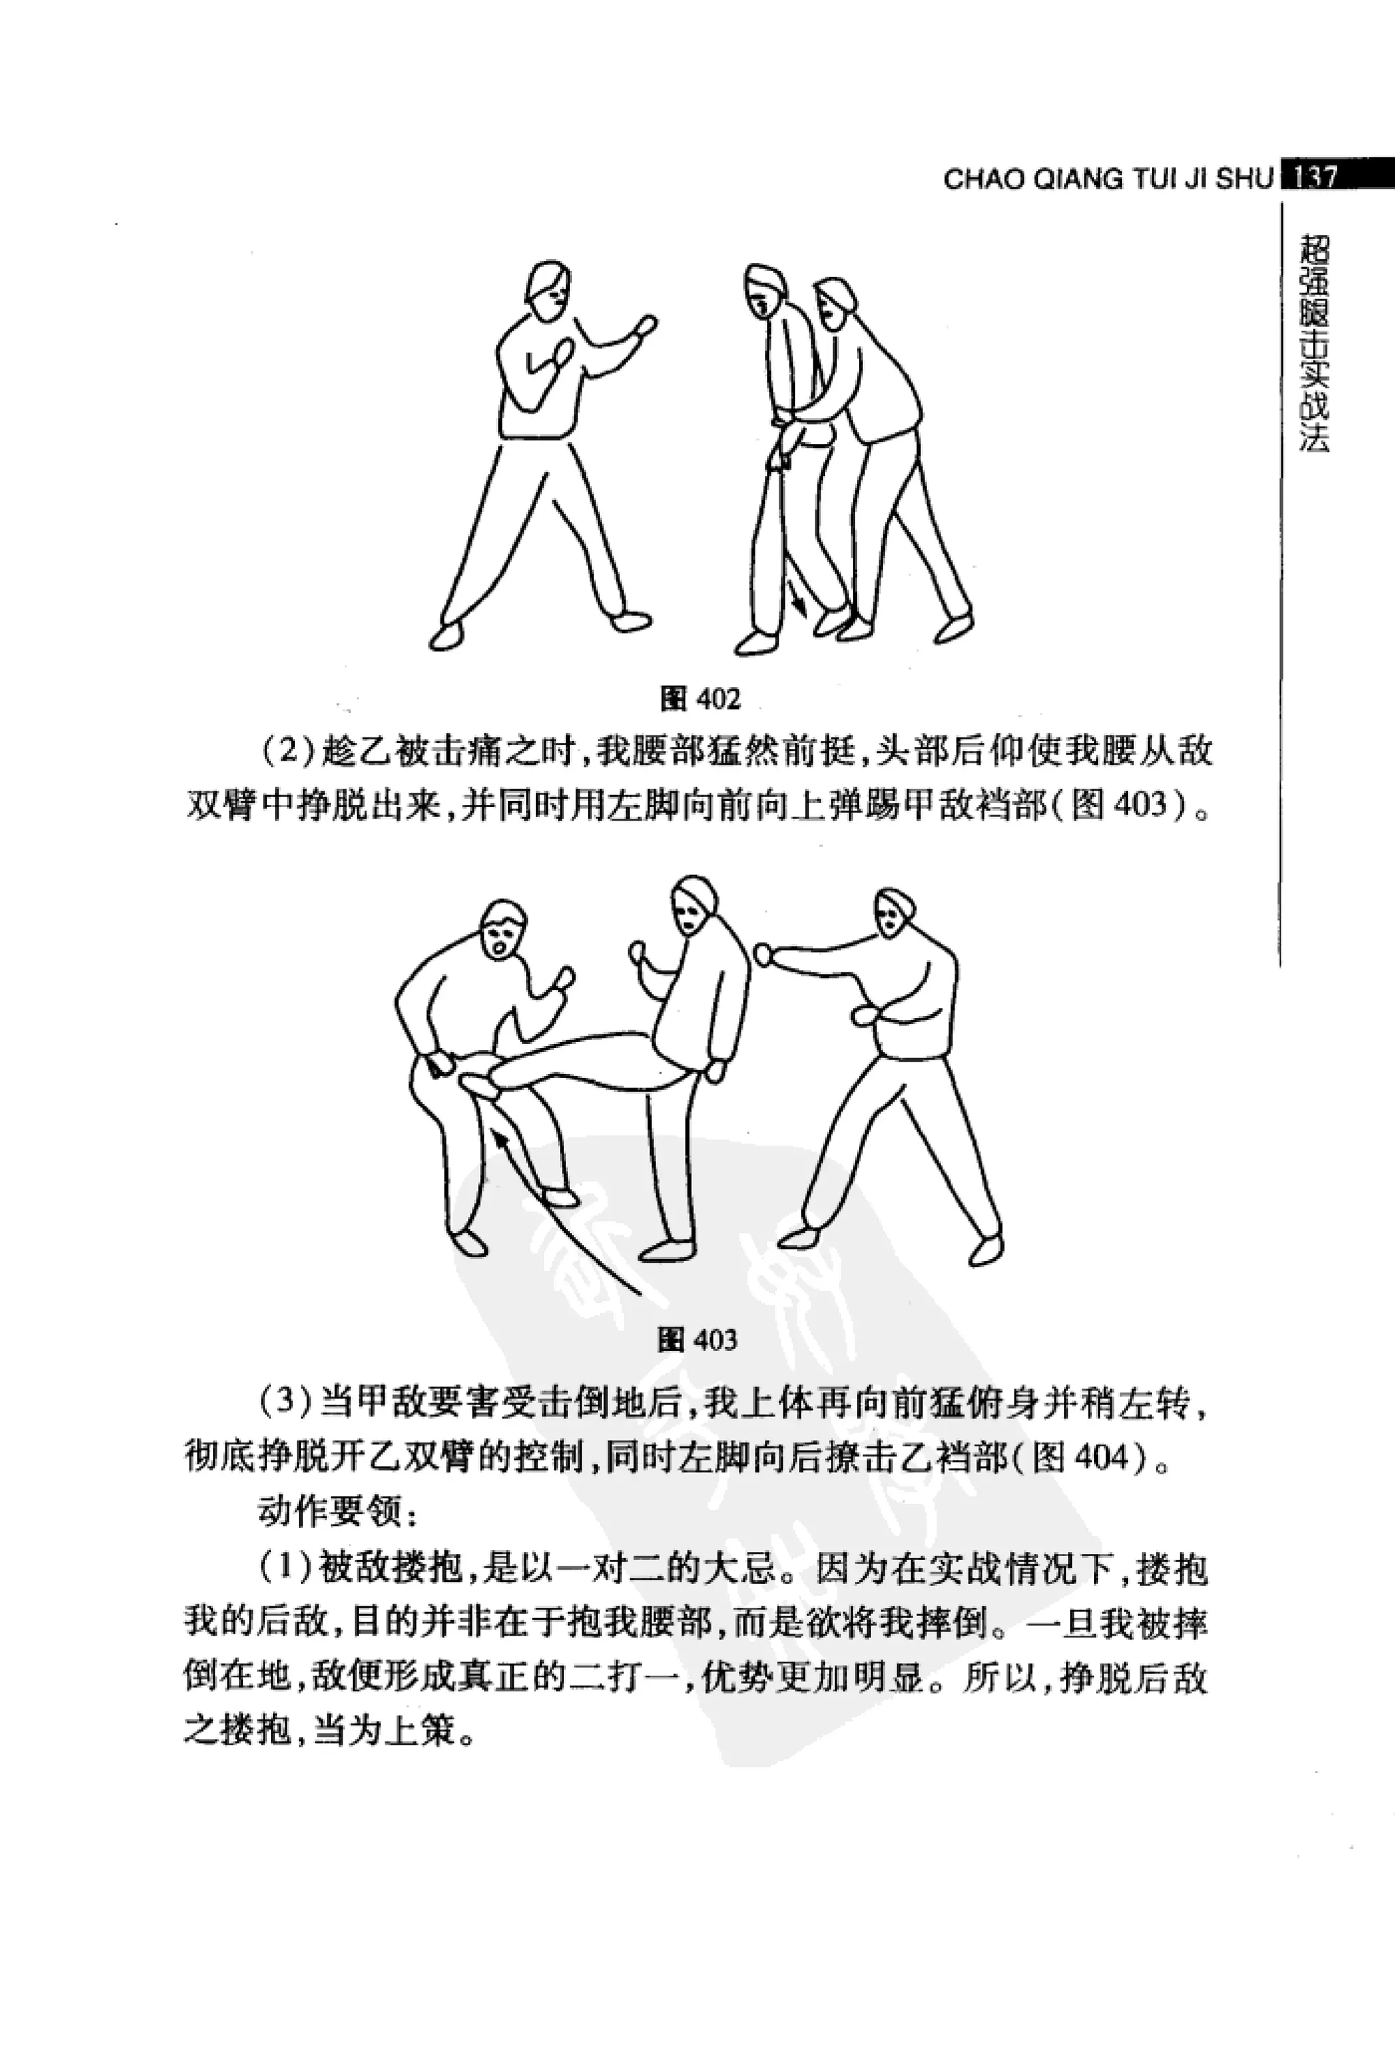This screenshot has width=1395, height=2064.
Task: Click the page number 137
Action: [x=1314, y=177]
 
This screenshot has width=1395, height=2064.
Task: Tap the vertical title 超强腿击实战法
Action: [x=1313, y=343]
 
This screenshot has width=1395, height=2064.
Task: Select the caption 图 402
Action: [x=700, y=698]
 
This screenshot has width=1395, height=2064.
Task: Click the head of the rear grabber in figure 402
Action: [x=834, y=304]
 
